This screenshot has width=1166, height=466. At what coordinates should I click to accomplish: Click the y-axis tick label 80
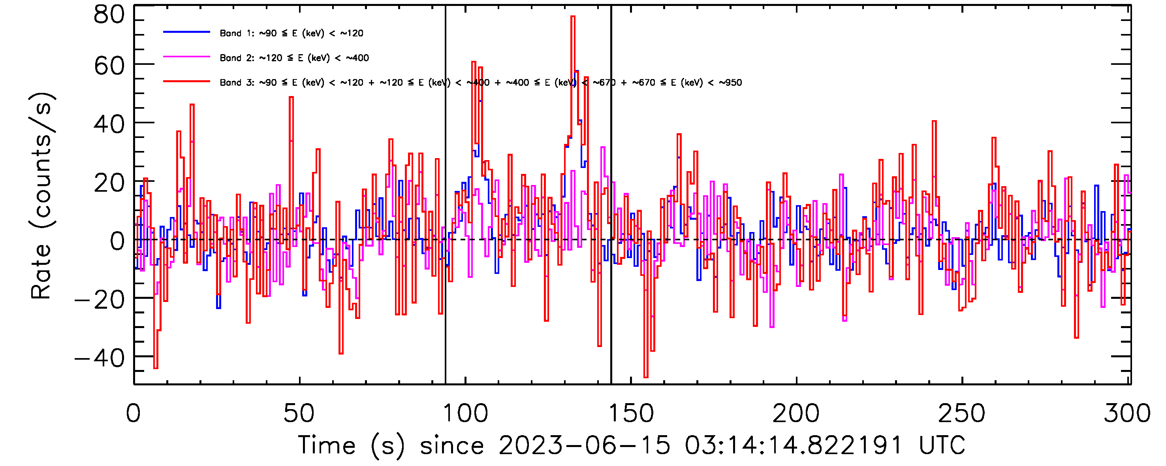(x=109, y=15)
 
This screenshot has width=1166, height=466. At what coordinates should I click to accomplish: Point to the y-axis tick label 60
(x=109, y=66)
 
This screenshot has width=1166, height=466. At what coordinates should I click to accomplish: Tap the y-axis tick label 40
(x=109, y=124)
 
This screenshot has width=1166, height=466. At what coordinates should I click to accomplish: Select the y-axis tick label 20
(x=109, y=183)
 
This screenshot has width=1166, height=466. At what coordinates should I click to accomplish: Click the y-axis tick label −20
(x=100, y=299)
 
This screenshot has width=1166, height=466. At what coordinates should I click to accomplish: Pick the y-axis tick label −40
(x=100, y=358)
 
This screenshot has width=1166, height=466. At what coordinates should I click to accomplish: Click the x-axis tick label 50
(x=299, y=413)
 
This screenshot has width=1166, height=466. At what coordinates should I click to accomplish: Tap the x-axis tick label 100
(x=465, y=413)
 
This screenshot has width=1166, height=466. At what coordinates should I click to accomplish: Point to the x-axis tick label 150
(x=630, y=413)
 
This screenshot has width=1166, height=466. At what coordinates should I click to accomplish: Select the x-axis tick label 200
(x=796, y=413)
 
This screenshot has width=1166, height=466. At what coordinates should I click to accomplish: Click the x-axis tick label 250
(x=961, y=413)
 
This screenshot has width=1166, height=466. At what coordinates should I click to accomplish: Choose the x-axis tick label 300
(x=1127, y=413)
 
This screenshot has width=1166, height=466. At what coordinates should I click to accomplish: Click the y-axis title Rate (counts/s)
(x=41, y=196)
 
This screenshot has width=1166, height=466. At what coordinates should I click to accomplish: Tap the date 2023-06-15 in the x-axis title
(x=584, y=445)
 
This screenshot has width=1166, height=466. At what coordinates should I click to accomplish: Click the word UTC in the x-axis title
(x=942, y=445)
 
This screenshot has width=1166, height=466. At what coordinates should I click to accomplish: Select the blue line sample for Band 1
(x=186, y=32)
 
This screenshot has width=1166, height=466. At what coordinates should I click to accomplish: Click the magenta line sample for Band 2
(x=186, y=57)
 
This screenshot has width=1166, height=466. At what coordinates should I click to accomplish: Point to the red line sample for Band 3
(x=186, y=81)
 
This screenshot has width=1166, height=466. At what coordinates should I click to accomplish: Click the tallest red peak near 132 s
(x=573, y=17)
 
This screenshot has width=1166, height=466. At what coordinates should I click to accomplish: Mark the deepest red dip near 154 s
(x=646, y=376)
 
